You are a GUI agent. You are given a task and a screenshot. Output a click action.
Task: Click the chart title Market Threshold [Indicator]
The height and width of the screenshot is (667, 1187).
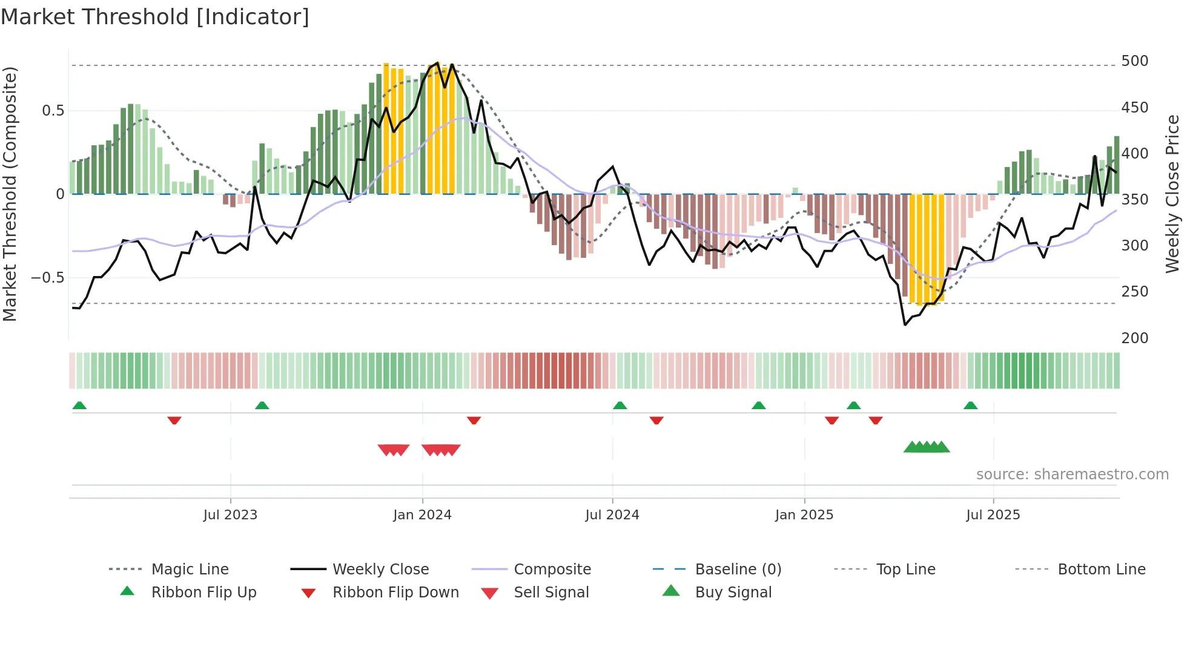155,17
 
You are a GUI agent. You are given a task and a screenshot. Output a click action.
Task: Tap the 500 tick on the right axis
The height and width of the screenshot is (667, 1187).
1134,61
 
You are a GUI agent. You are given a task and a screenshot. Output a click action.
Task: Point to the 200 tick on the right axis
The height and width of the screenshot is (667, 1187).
1134,338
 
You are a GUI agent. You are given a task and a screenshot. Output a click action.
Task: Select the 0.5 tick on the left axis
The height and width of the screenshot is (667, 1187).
53,111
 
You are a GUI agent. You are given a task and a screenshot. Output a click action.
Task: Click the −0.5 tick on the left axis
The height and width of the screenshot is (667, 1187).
47,278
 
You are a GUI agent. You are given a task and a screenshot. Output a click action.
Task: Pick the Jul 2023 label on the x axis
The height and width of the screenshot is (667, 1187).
230,515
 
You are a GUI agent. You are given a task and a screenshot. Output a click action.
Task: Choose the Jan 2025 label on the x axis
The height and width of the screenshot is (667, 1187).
804,515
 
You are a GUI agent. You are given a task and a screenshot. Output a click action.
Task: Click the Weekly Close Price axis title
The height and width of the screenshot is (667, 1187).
1172,194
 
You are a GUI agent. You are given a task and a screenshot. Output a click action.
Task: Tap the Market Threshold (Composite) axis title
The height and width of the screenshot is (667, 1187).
10,194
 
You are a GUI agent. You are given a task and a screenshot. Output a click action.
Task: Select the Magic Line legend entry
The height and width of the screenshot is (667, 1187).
190,570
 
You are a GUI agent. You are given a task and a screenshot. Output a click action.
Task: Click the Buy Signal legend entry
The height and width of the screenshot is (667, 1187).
733,593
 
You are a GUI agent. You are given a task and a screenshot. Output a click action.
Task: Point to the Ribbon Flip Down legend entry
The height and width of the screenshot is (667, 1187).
395,593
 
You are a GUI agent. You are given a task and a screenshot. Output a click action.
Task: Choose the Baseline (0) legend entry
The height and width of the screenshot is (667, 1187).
738,570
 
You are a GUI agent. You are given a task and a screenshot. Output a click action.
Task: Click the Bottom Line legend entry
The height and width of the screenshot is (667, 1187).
1101,570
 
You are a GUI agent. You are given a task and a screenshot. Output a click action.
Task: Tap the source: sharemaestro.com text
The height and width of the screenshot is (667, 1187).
1072,475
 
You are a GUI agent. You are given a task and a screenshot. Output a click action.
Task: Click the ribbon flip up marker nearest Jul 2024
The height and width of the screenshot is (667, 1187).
620,406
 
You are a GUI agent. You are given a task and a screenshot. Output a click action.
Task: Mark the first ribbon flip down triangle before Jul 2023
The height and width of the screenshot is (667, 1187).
174,420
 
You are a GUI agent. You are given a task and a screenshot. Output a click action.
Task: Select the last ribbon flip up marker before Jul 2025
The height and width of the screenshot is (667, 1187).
970,406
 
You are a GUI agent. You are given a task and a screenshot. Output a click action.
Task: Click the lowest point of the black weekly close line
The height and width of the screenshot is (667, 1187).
905,325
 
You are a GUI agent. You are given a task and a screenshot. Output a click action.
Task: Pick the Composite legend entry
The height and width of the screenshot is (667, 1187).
552,570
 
